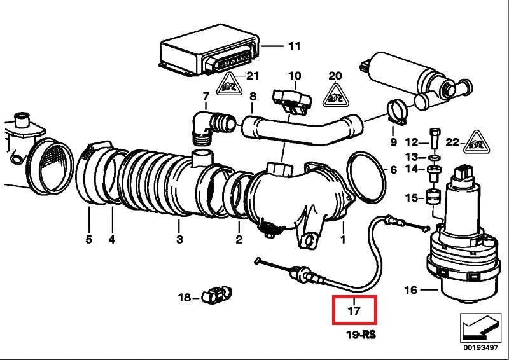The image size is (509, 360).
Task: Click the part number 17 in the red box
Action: pyautogui.click(x=354, y=311)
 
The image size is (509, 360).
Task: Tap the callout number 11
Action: pyautogui.click(x=293, y=46)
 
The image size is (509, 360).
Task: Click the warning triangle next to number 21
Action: pyautogui.click(x=230, y=84)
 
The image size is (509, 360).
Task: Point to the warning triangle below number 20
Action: pyautogui.click(x=335, y=96)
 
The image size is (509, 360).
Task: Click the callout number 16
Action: pyautogui.click(x=410, y=290)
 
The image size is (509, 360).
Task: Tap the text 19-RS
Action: pyautogui.click(x=361, y=334)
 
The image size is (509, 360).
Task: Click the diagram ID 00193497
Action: pyautogui.click(x=480, y=348)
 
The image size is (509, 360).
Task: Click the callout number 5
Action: pyautogui.click(x=88, y=239)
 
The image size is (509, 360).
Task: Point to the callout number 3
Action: pyautogui.click(x=179, y=239)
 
